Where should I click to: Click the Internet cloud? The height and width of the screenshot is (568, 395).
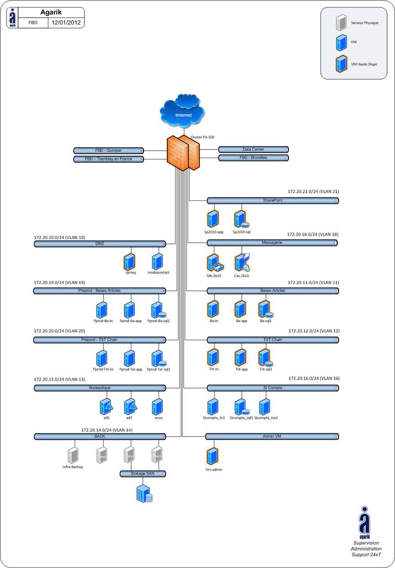pos(182,113)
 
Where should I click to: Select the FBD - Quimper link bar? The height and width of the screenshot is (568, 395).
pos(108,150)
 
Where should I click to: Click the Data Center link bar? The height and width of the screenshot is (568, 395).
pos(253,149)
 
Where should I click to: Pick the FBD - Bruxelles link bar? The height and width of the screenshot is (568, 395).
pos(253,158)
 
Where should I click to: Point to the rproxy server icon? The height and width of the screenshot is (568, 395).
pos(130,261)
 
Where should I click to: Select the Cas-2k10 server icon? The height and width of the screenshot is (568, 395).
pos(241,262)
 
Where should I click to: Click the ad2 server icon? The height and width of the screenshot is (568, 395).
pos(129,406)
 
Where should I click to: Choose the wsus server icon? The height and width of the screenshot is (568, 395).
pos(158,407)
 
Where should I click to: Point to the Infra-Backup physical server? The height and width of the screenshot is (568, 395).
pos(73,454)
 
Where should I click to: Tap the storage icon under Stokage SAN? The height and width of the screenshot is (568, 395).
pos(144,493)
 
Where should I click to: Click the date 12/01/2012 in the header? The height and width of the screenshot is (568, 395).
pos(66,23)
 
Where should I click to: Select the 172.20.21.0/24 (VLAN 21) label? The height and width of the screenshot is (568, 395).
pos(313,191)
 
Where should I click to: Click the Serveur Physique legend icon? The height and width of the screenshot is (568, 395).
pos(341,23)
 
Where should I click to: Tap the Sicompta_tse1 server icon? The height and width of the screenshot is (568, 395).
pos(265,407)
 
